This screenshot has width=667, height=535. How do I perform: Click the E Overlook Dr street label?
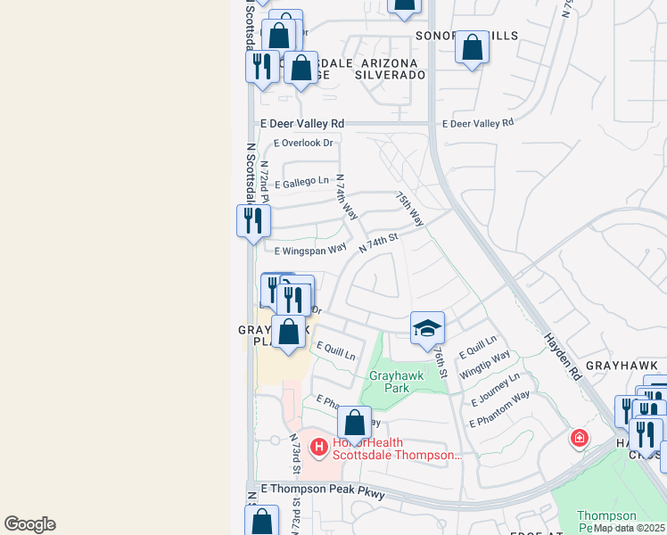pyautogui.click(x=303, y=143)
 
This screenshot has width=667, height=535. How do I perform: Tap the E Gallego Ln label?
pyautogui.click(x=301, y=182)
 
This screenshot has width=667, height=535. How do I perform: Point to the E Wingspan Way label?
pyautogui.click(x=310, y=251)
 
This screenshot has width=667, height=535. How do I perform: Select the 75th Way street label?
pyautogui.click(x=409, y=210)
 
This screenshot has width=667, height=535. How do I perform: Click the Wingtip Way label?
pyautogui.click(x=485, y=365)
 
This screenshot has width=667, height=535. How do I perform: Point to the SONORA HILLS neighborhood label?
pyautogui.click(x=465, y=36)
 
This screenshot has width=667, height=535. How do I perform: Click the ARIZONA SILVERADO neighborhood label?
pyautogui.click(x=391, y=70)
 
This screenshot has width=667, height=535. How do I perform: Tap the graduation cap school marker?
pyautogui.click(x=427, y=327)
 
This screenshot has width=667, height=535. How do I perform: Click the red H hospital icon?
pyautogui.click(x=317, y=446)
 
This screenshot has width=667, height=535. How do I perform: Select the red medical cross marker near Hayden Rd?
pyautogui.click(x=580, y=438)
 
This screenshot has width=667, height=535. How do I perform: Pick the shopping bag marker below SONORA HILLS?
pyautogui.click(x=472, y=47)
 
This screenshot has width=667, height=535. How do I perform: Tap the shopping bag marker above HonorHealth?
pyautogui.click(x=354, y=424)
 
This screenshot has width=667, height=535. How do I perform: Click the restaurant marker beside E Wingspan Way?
pyautogui.click(x=253, y=219)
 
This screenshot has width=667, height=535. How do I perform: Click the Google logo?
pyautogui.click(x=29, y=524)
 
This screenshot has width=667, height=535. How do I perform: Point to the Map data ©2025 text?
pyautogui.click(x=629, y=528)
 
